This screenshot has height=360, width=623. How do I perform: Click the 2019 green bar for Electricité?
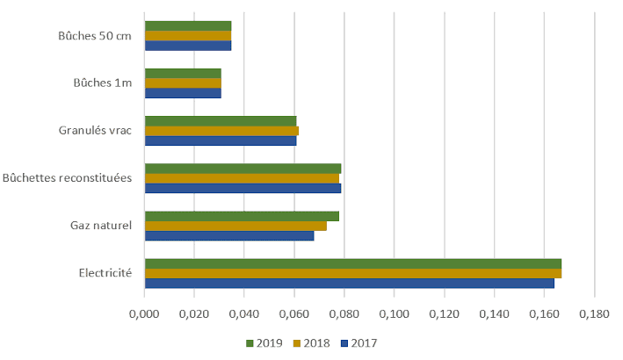click(352, 263)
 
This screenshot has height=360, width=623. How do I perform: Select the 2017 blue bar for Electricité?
click(349, 283)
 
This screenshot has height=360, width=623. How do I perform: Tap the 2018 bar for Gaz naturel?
click(235, 226)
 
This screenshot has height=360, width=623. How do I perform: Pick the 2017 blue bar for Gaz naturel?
click(229, 235)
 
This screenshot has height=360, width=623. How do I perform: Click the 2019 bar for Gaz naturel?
click(242, 216)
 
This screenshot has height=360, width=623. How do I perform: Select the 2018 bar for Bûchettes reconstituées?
click(242, 178)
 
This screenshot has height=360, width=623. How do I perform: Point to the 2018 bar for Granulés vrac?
click(221, 131)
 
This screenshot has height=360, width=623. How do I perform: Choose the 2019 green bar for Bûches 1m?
click(183, 73)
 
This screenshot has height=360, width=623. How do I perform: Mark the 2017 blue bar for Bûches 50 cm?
click(188, 45)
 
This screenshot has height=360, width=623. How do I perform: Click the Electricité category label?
click(105, 273)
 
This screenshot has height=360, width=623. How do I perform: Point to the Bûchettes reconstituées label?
click(68, 178)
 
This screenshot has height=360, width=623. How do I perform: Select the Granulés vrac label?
click(95, 131)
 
